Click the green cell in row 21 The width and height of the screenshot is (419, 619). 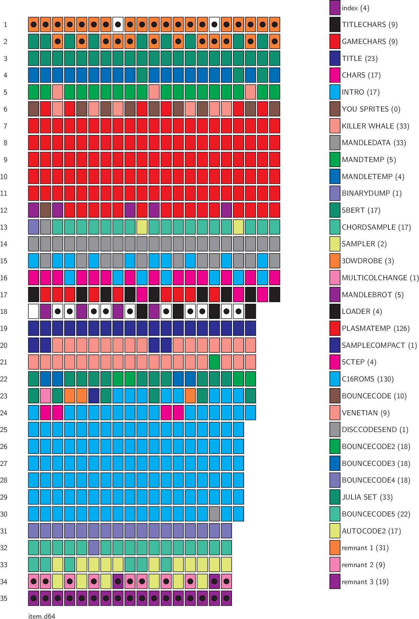(x=214, y=362)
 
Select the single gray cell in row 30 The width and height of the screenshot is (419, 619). (x=214, y=514)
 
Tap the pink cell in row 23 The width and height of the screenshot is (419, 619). (x=46, y=396)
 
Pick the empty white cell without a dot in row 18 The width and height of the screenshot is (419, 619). (x=34, y=311)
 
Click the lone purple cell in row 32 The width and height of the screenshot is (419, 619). (x=94, y=548)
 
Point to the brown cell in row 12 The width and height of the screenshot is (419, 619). (x=46, y=210)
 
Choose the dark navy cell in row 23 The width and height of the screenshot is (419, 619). (x=94, y=396)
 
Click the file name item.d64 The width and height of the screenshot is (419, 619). (x=42, y=616)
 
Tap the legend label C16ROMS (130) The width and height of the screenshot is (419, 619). (x=367, y=379)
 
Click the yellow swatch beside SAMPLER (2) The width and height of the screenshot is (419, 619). (x=335, y=244)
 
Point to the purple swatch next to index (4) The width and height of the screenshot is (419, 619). (x=335, y=8)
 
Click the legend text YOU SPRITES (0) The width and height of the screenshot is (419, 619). (x=371, y=109)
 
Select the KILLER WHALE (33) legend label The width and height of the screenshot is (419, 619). (x=375, y=126)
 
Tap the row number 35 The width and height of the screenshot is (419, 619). (x=4, y=598)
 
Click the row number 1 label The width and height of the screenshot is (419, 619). (x=5, y=25)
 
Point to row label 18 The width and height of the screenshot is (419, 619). (x=4, y=311)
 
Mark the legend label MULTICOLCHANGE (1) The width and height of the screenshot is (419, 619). (x=380, y=278)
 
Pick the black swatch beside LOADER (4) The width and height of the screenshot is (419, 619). (x=335, y=311)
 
